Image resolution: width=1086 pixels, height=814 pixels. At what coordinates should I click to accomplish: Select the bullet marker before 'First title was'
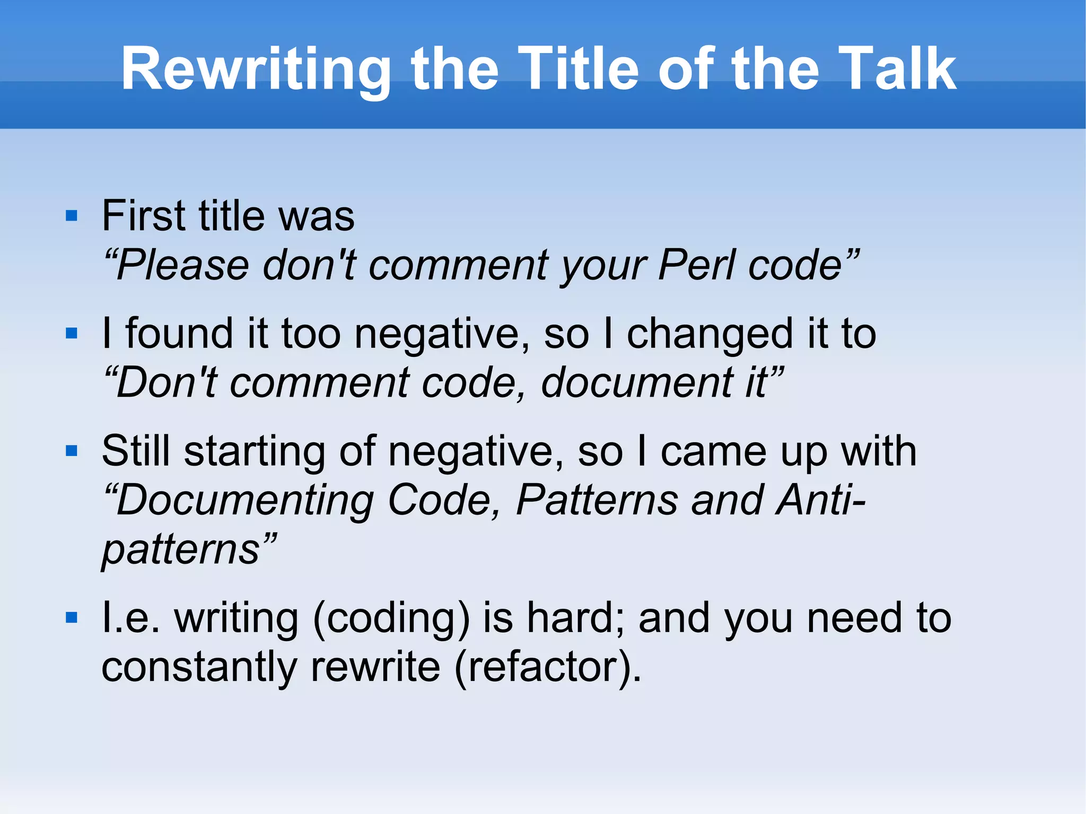click(x=72, y=216)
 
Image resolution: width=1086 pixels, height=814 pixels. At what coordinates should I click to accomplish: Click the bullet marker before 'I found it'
click(x=72, y=334)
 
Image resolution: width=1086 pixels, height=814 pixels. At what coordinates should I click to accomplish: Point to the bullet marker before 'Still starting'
click(x=72, y=451)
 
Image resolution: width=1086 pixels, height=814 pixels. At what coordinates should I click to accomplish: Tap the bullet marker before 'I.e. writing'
click(x=72, y=618)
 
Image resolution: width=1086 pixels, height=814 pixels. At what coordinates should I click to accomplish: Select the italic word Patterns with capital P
click(x=597, y=500)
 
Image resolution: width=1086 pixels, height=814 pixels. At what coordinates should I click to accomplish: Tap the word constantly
click(x=199, y=667)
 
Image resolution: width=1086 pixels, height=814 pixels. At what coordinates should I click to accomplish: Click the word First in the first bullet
click(x=144, y=216)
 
